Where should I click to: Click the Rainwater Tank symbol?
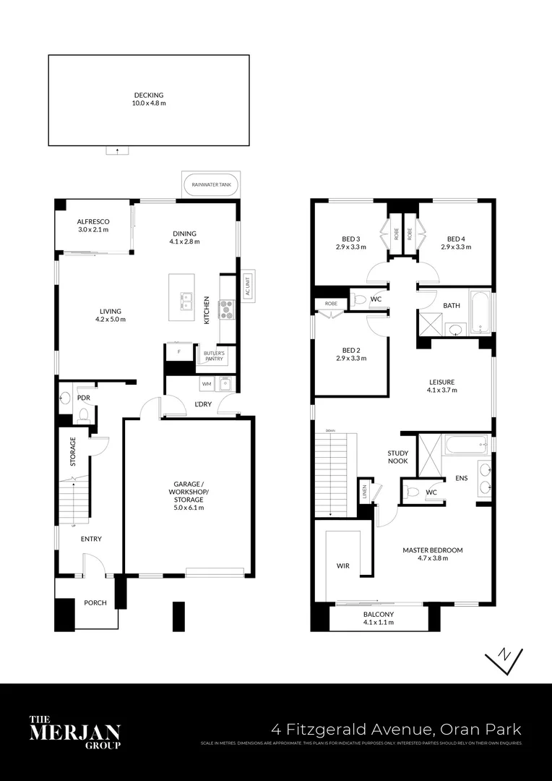pos(212,185)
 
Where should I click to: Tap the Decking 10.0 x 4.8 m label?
pos(149,99)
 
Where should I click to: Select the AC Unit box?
pos(248,287)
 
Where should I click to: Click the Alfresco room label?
pos(92,226)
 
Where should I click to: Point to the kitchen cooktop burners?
pos(226,309)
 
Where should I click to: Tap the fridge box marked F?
pos(178,354)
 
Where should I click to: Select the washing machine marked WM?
pos(206,383)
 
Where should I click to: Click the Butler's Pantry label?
pos(214,356)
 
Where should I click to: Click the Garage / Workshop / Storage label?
pos(189,495)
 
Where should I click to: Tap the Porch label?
pos(95,602)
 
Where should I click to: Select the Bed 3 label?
pos(351,243)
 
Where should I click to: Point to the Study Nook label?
pos(397,456)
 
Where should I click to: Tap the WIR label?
pos(342,566)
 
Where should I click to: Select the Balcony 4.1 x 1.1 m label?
pos(379,618)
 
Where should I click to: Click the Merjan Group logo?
pos(74,732)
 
